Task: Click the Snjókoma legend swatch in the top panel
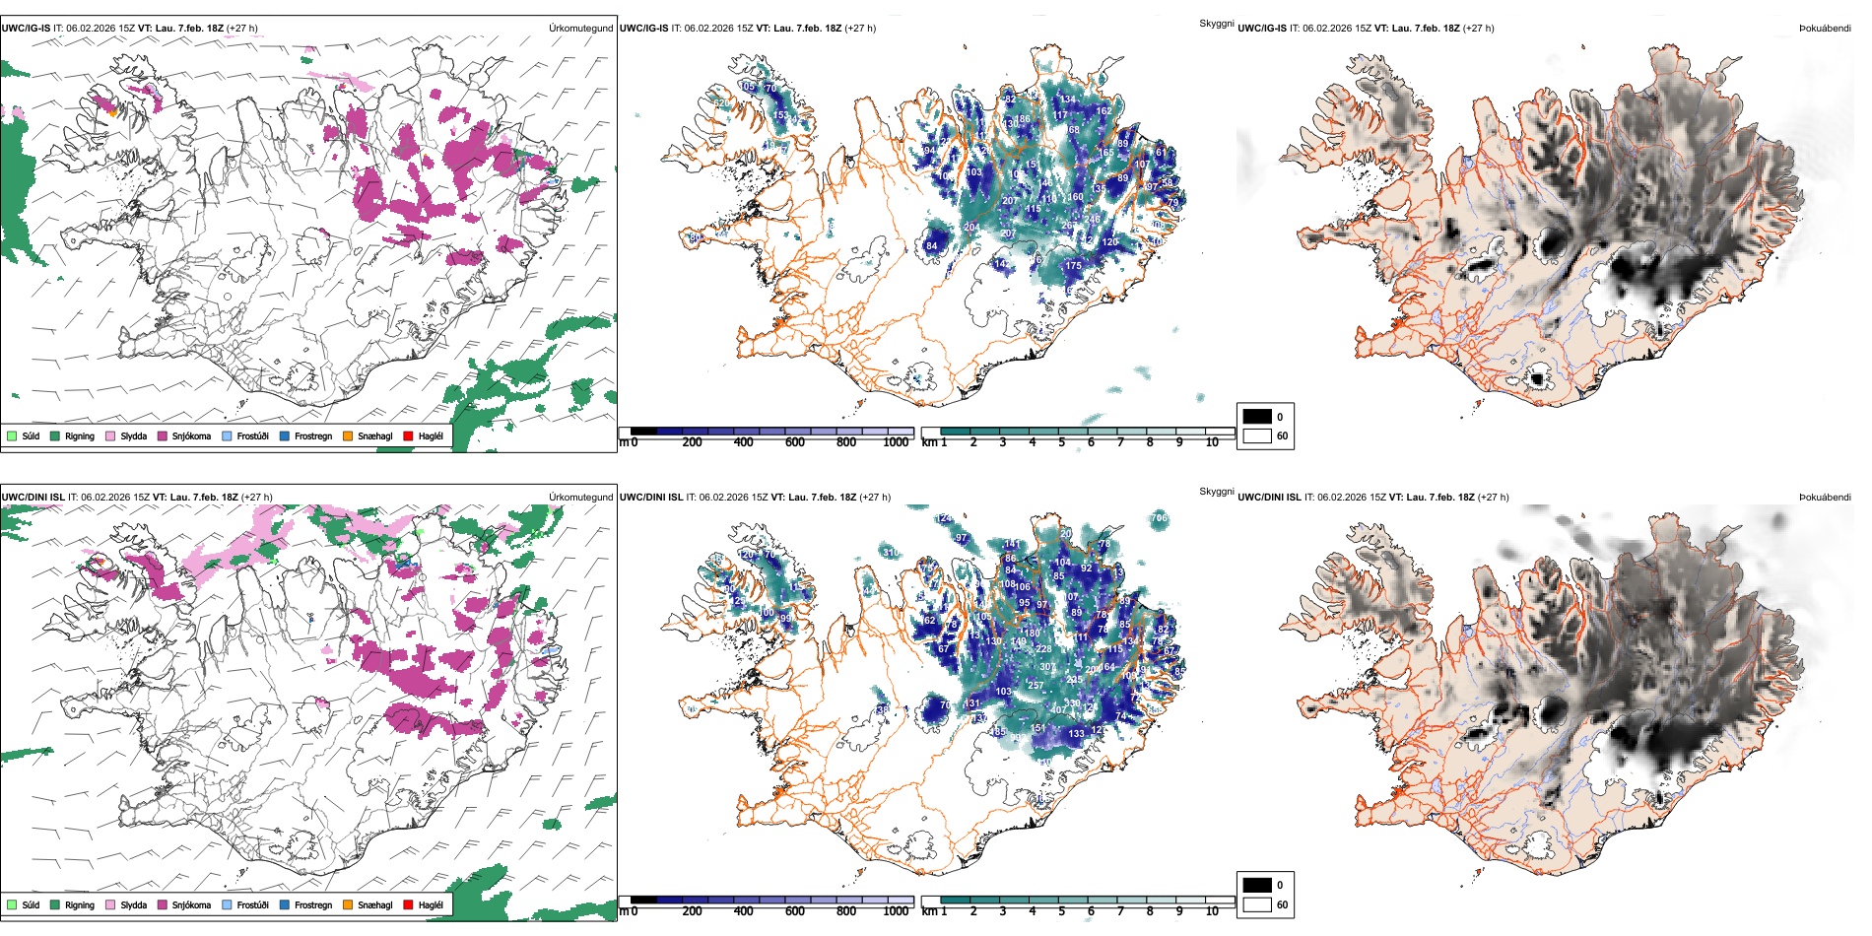[163, 435]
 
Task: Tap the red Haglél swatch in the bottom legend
[408, 904]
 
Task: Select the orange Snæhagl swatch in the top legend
[348, 435]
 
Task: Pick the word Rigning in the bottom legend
[80, 904]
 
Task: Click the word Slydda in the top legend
[134, 435]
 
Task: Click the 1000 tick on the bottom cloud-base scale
[896, 911]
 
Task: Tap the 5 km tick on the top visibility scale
[1062, 442]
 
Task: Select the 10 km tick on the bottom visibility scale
[1212, 911]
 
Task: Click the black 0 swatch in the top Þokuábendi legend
[1257, 417]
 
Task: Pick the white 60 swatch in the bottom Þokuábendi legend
[1257, 904]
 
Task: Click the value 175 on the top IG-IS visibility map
[1073, 266]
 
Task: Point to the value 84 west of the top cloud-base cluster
[932, 246]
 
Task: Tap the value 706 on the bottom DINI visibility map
[1159, 518]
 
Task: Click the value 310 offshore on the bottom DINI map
[890, 553]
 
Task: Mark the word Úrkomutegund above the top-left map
[580, 29]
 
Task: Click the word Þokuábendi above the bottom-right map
[1825, 498]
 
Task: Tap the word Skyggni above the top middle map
[1217, 24]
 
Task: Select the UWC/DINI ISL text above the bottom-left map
[33, 498]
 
